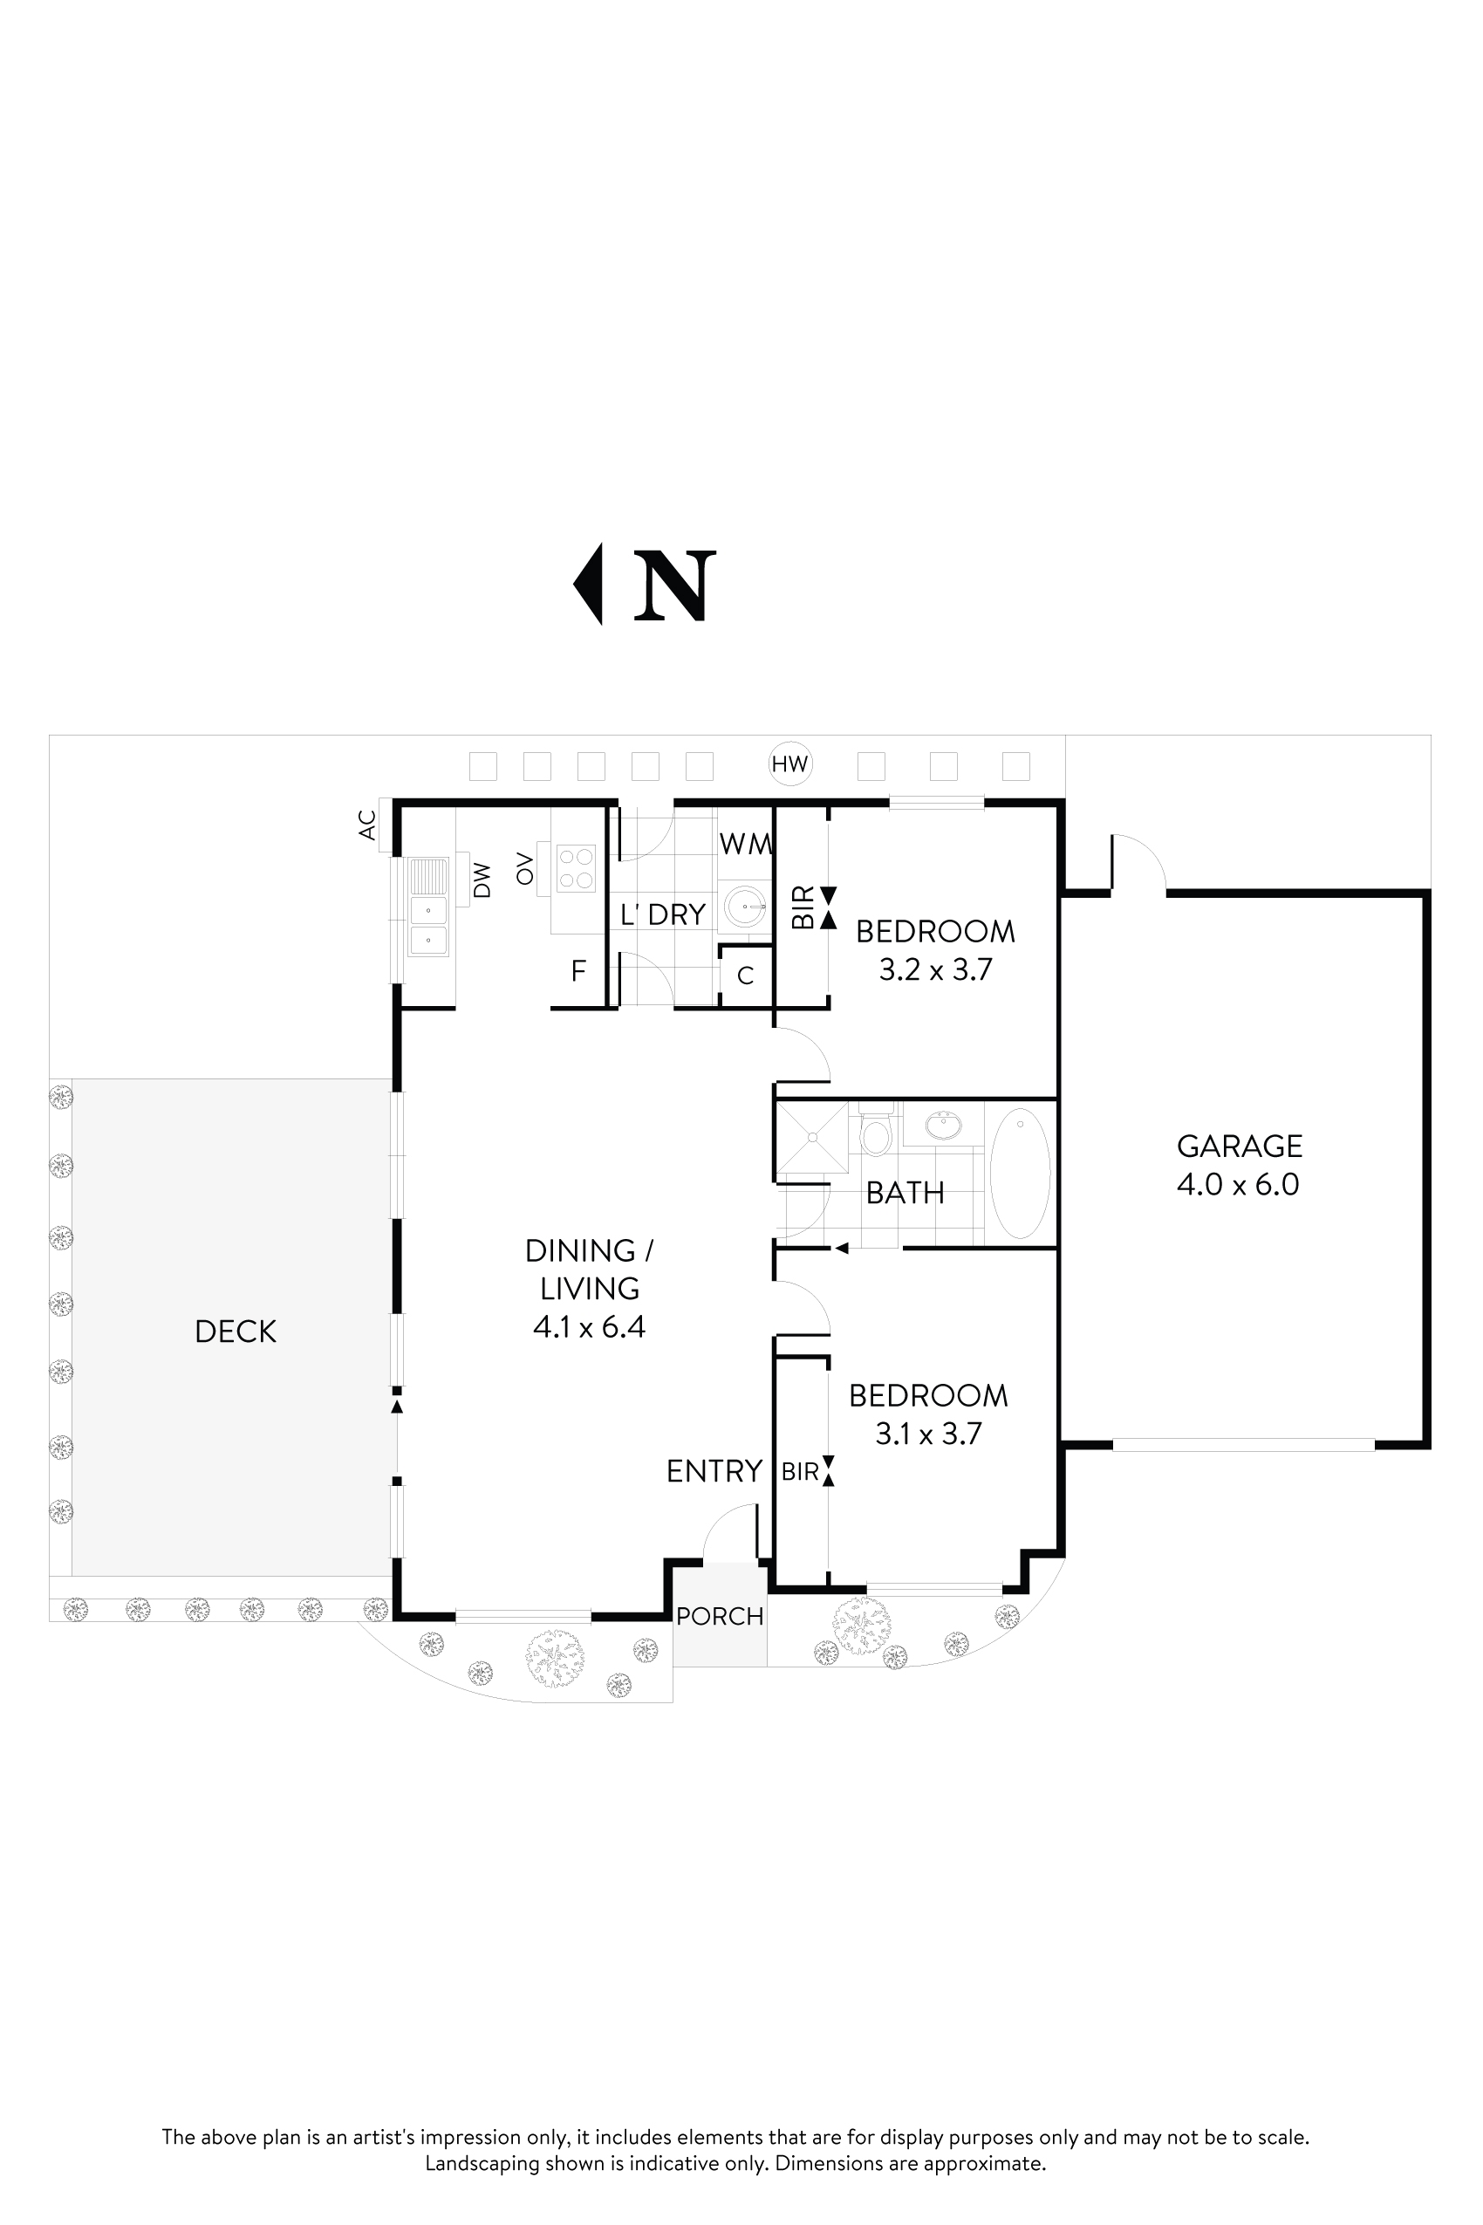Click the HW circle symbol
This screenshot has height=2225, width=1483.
coord(789,763)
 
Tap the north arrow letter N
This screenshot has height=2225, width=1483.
coord(673,586)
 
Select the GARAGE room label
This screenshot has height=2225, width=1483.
coord(1239,1146)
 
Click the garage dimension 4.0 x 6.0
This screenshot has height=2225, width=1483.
coord(1237,1184)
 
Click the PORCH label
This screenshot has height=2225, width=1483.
coord(720,1616)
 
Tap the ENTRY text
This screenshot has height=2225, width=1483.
coord(714,1471)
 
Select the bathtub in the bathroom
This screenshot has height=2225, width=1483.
coord(1019,1173)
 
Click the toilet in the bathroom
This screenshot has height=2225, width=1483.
coord(876,1133)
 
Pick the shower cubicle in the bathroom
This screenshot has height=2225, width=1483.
coord(811,1139)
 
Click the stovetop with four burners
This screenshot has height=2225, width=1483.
coord(575,868)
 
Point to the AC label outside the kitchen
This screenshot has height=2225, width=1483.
coord(368,825)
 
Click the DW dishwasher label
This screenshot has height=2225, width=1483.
coord(482,880)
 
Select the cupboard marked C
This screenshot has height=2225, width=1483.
coord(745,976)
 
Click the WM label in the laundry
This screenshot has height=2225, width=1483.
coord(745,844)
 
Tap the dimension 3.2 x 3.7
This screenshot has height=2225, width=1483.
coord(934,969)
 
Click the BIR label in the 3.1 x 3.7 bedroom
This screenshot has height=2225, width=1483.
coord(800,1472)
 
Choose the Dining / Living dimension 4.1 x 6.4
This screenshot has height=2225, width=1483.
coord(588,1327)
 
